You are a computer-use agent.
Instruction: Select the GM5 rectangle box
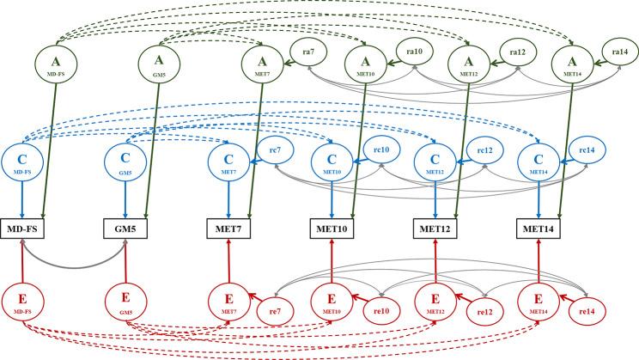[126, 229]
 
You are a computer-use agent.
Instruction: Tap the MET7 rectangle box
[229, 229]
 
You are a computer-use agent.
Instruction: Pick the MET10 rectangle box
[332, 229]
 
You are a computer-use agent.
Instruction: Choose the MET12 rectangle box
[435, 229]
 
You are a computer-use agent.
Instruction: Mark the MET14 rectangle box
[539, 229]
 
